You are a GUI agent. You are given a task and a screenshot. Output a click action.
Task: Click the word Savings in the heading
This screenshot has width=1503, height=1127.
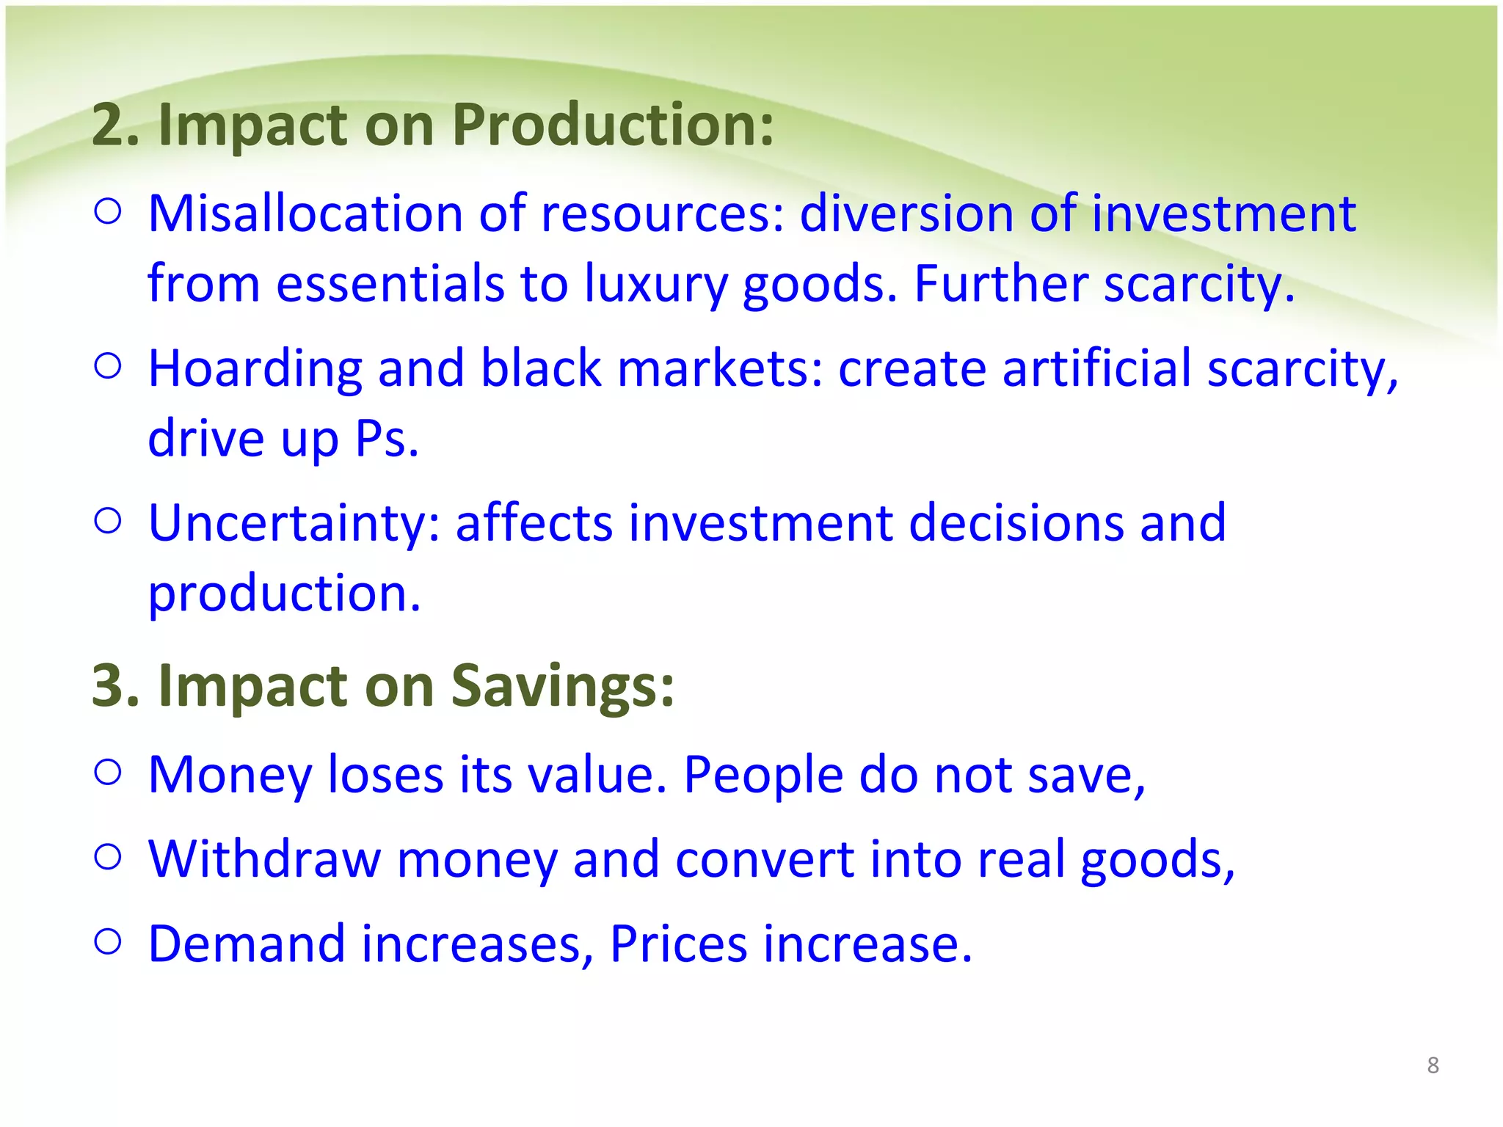(x=561, y=686)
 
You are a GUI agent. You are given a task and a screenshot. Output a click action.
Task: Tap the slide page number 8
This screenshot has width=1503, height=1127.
(x=1433, y=1065)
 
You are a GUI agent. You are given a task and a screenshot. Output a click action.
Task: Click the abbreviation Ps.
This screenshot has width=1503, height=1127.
(x=386, y=439)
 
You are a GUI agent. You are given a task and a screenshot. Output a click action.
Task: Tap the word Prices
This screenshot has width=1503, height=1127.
(x=678, y=944)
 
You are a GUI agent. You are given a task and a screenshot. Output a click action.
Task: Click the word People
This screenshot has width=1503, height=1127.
(x=763, y=776)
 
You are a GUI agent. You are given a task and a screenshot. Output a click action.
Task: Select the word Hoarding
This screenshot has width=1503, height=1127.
(x=255, y=369)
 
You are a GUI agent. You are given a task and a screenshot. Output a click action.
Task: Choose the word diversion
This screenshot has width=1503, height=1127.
(x=906, y=214)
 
